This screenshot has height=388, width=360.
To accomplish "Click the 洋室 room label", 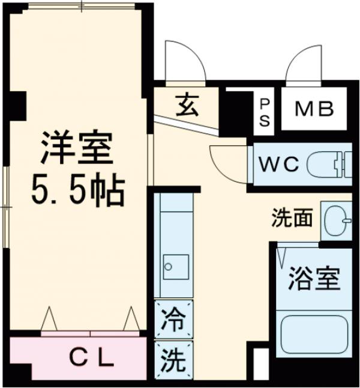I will tap(77, 151).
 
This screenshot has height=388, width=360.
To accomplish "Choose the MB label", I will tap(313, 111).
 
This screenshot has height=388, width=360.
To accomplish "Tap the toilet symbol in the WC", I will tap(329, 164).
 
